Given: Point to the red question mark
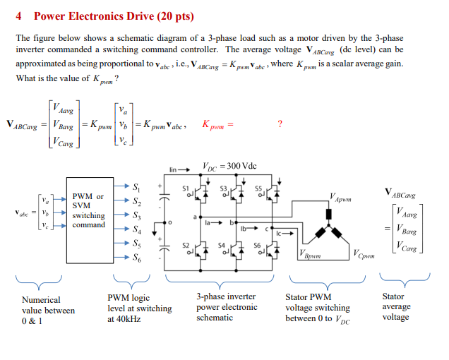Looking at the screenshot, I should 280,124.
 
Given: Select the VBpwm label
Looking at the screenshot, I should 312,254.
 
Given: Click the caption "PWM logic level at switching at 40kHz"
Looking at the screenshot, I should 139,308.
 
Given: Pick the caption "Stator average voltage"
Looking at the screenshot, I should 396,306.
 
